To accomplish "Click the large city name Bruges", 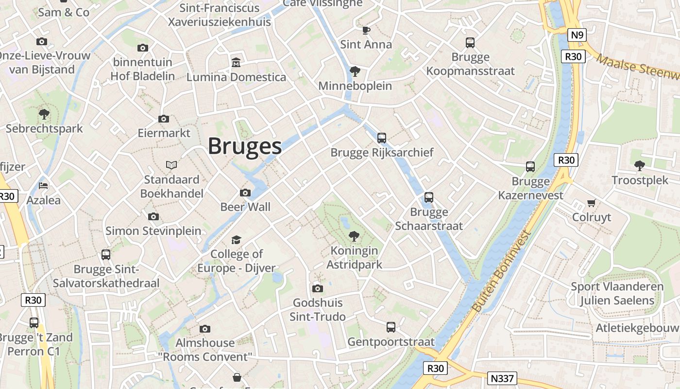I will [245, 146].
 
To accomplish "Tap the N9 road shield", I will [577, 35].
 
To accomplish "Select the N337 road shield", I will [502, 378].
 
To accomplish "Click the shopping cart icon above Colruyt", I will [591, 203].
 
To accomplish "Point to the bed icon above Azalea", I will [43, 186].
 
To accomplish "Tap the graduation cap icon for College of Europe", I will [236, 240].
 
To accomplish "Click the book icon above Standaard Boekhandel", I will [171, 165].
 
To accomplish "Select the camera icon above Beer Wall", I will [245, 193].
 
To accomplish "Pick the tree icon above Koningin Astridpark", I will [354, 236].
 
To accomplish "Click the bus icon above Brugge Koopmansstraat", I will [470, 43].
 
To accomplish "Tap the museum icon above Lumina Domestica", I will [236, 63].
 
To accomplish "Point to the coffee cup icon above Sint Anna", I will [366, 31].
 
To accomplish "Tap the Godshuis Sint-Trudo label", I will [318, 310].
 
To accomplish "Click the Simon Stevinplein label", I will [153, 230].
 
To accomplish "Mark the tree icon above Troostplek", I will [640, 166].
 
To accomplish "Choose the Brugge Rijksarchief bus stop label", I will [382, 153].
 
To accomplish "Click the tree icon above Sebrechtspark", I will [44, 114].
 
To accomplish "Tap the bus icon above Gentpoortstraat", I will [391, 327].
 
